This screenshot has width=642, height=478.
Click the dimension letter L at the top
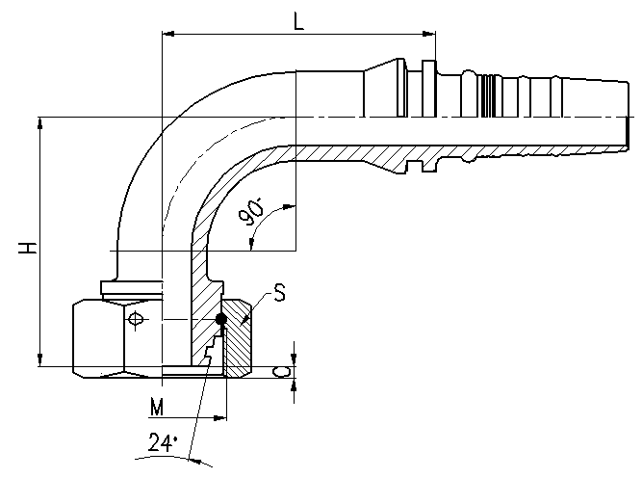coord(299,21)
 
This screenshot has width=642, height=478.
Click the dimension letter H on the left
coord(28,248)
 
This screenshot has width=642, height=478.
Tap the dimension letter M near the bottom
coord(157,407)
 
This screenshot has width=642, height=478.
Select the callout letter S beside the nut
coord(279,293)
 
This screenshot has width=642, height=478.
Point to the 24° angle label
coord(163,442)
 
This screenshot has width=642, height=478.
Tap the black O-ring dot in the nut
coord(220,319)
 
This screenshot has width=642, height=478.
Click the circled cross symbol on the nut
coord(135,319)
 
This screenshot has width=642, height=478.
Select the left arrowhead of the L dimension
coord(168,34)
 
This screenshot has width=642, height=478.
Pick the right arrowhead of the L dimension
coord(428,34)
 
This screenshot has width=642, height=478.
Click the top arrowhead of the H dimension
coord(39,123)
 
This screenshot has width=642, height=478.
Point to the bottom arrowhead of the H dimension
coord(39,359)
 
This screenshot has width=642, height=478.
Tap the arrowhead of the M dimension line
coord(220,418)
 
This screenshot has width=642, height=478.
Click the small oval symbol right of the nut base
coord(282,372)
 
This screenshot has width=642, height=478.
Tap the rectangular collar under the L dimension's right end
coord(428,88)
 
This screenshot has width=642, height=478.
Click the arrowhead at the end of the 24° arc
coord(194,461)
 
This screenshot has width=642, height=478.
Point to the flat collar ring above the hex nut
coord(132,287)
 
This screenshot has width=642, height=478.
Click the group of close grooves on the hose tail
coord(489,96)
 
